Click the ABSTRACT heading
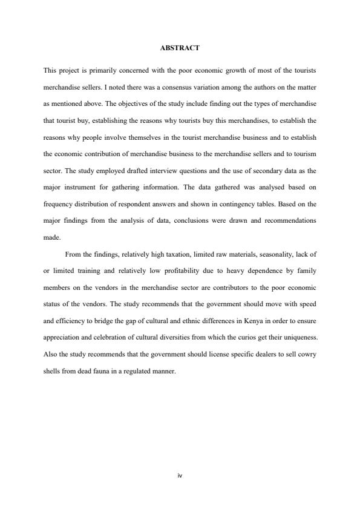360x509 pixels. coord(180,47)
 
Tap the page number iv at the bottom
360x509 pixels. coord(180,475)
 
